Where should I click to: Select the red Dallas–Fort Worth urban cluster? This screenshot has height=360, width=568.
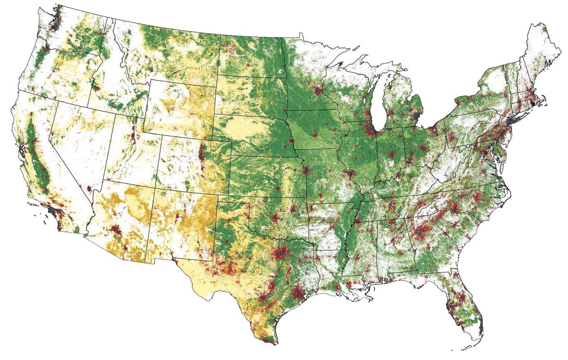[x=281, y=254]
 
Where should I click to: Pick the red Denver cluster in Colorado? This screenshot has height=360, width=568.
[x=203, y=153]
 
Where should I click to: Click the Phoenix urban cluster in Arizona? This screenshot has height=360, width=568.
[x=116, y=231]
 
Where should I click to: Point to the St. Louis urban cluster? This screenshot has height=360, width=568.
[x=351, y=175]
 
